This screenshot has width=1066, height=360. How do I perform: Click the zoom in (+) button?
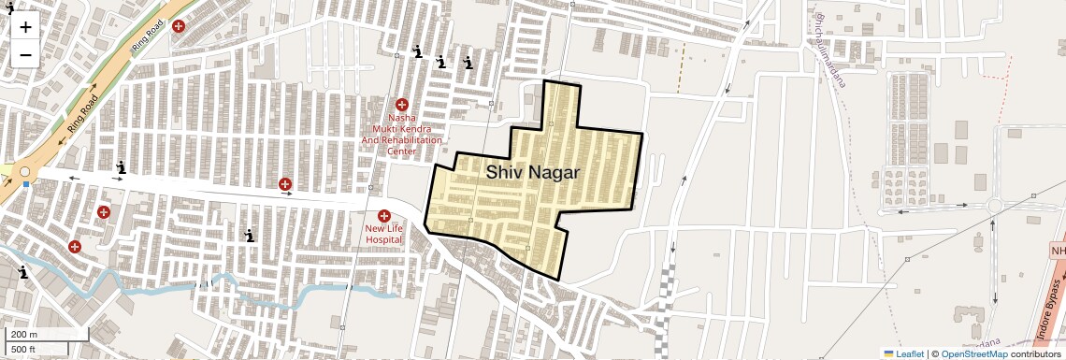(25, 27)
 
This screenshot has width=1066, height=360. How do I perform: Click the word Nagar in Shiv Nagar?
(554, 173)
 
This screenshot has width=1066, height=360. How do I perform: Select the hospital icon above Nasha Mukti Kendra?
(402, 105)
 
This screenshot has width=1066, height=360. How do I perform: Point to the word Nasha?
(402, 118)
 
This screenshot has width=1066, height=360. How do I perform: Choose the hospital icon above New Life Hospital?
(383, 216)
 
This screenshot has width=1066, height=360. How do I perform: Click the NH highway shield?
(1058, 252)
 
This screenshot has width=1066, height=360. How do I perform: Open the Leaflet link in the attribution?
(903, 353)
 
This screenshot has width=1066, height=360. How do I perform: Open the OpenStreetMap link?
(973, 353)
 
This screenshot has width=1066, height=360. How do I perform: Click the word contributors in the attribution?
(1035, 353)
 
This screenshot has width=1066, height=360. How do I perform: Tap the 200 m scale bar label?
(24, 335)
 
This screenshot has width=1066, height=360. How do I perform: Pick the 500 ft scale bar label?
(24, 350)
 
